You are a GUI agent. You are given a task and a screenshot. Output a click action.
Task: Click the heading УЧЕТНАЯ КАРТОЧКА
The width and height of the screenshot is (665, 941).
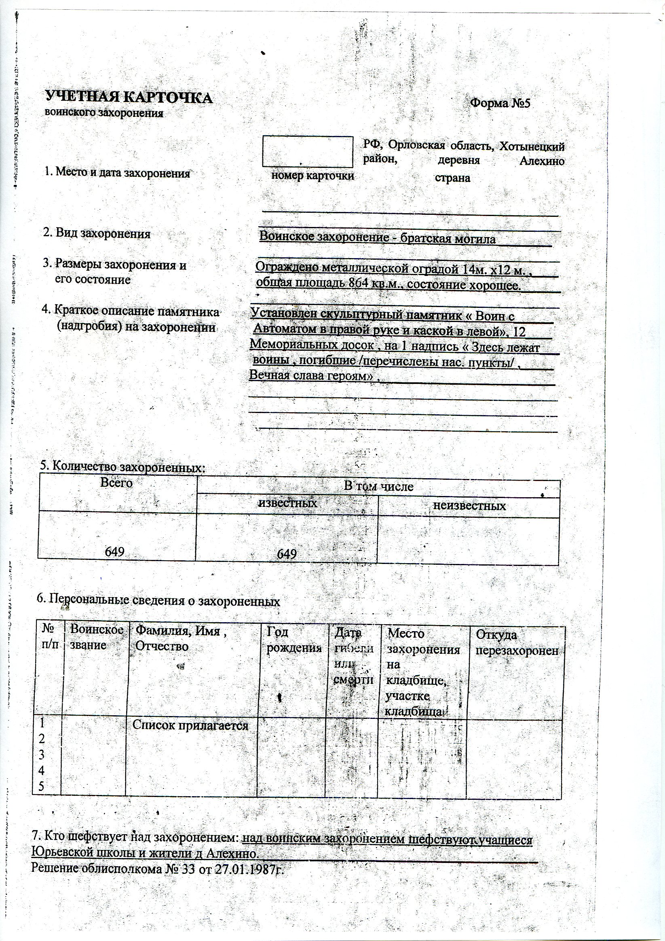click(x=129, y=98)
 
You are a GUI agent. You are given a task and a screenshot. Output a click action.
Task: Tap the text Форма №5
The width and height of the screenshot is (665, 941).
click(x=500, y=102)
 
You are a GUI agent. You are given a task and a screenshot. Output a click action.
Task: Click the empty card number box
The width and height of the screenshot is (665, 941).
click(x=308, y=151)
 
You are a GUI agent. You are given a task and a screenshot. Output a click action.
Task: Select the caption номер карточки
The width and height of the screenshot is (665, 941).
click(x=312, y=176)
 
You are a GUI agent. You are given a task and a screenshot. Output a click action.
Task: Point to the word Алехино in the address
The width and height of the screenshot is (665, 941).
click(x=541, y=161)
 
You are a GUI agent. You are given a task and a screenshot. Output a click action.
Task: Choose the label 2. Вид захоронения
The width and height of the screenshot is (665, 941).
click(x=97, y=234)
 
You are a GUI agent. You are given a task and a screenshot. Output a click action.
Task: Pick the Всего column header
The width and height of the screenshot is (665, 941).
click(x=117, y=483)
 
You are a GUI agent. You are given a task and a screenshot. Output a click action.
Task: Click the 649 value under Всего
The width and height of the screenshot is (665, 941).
click(x=115, y=552)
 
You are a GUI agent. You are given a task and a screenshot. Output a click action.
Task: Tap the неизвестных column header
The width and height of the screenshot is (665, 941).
click(x=469, y=506)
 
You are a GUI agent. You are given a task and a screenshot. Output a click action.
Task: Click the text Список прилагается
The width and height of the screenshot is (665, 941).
click(x=190, y=725)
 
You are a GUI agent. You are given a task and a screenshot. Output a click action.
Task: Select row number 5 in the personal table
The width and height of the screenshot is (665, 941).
click(x=41, y=786)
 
